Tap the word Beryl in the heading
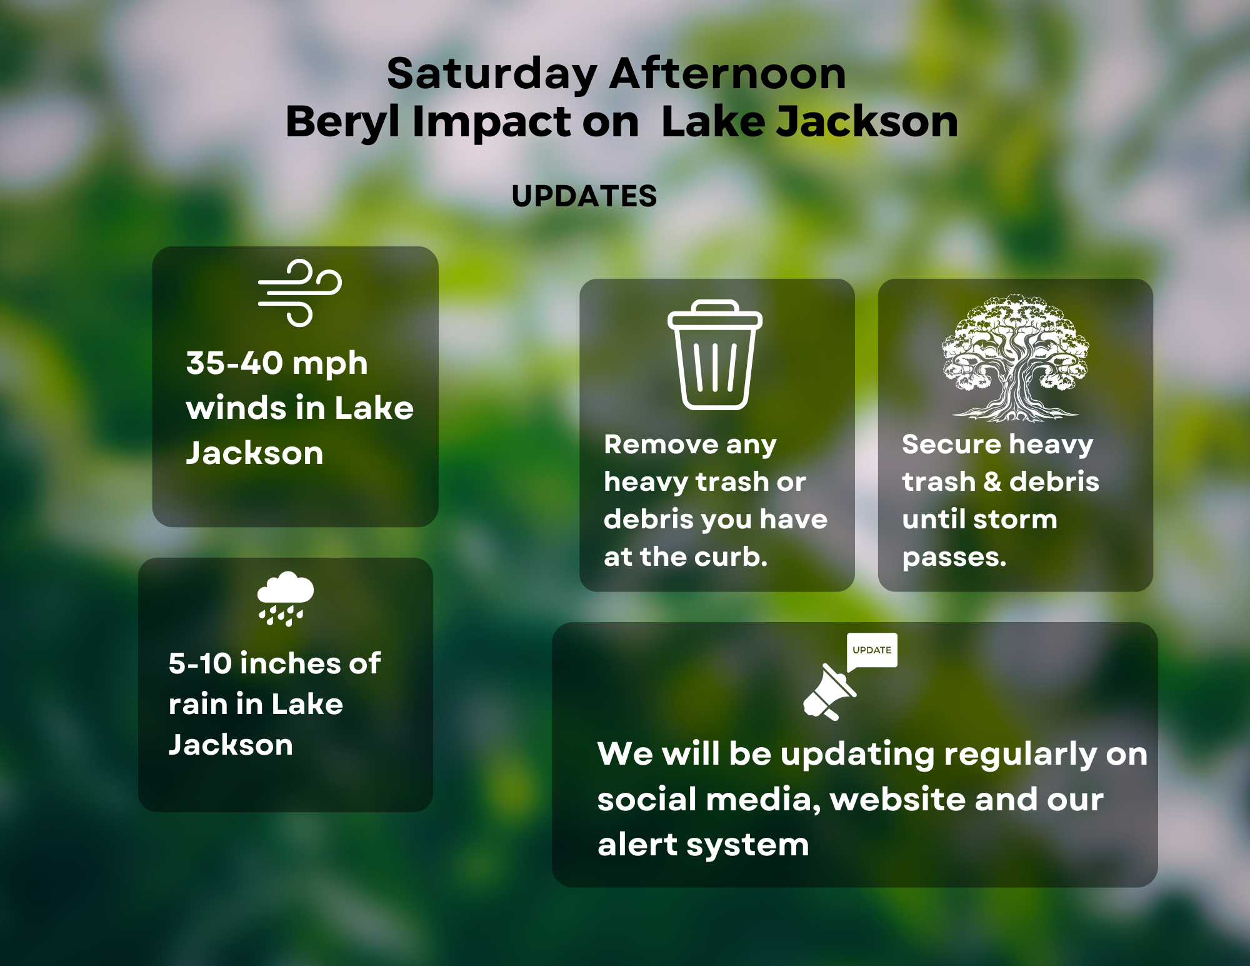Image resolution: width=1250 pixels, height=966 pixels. (x=342, y=122)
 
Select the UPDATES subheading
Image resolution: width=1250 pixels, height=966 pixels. (x=584, y=196)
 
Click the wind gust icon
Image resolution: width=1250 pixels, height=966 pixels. (x=300, y=293)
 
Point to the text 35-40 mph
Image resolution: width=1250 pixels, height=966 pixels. (x=276, y=363)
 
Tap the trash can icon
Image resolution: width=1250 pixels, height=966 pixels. (x=714, y=356)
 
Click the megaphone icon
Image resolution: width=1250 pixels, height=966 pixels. (x=828, y=693)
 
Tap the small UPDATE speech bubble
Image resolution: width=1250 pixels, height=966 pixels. (x=872, y=650)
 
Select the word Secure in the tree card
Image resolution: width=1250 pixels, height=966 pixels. (x=951, y=445)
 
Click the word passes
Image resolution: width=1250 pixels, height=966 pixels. (x=954, y=557)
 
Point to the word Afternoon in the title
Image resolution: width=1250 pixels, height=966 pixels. (x=727, y=74)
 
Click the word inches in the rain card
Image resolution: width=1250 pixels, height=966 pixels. (x=289, y=663)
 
